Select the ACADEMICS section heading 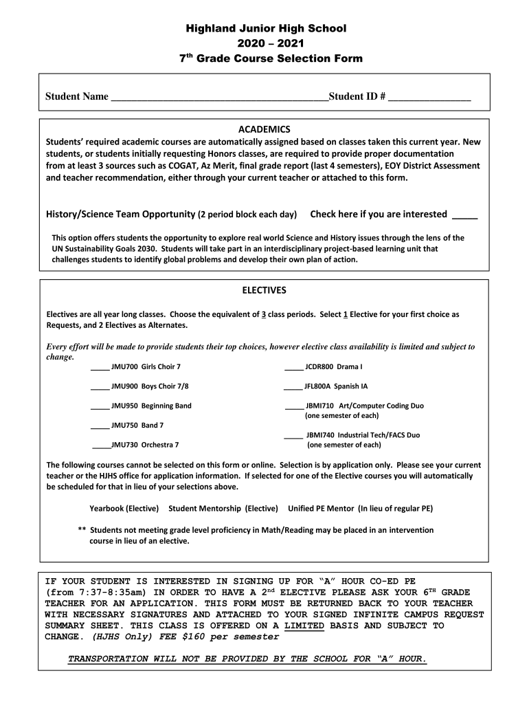coord(264,129)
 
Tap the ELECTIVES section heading coord(264,290)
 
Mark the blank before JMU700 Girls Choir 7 coord(100,368)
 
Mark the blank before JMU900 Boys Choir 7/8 coord(100,387)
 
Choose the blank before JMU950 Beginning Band coord(100,406)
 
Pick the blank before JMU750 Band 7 coord(100,426)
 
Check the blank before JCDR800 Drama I coord(293,368)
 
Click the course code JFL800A coord(319,386)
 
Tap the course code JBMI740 coord(322,435)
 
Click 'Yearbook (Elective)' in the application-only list coord(124,509)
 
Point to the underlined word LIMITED coord(304,626)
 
